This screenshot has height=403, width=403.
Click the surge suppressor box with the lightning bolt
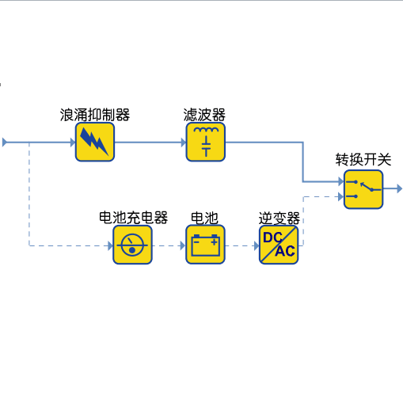95,142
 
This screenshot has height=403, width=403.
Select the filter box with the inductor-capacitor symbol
206,142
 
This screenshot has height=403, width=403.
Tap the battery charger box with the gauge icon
132,245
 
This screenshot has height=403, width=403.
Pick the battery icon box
205,245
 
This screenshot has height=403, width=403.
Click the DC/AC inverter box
279,245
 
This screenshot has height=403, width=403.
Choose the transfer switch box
363,189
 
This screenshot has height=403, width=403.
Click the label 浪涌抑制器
95,115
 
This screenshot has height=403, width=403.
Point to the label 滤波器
204,115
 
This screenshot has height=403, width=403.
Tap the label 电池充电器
133,218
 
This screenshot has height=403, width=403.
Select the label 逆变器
279,219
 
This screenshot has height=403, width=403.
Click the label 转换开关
363,160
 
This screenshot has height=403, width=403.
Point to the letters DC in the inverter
273,238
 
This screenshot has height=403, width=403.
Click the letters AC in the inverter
285,251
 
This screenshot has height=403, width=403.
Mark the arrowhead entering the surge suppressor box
73,143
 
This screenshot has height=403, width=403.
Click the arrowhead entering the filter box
184,143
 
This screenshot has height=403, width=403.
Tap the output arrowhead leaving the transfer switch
400,188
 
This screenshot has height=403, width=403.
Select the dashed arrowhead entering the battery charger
111,246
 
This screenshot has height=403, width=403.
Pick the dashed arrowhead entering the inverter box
257,246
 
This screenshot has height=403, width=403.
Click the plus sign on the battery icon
215,241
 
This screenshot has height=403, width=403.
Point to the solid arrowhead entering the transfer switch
341,181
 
